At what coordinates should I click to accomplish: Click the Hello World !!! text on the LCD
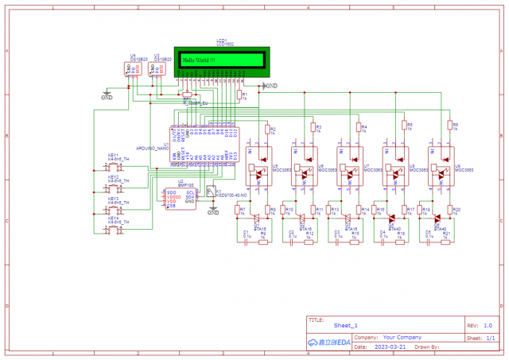pos(200,60)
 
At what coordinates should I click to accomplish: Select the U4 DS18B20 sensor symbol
pos(131,69)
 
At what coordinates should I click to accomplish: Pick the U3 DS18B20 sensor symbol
pos(159,69)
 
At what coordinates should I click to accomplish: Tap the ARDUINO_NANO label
pos(153,149)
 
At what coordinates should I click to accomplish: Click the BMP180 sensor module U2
pos(181,198)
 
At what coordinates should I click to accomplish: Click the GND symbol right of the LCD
pos(269,85)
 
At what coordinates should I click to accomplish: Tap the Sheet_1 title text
pos(346,326)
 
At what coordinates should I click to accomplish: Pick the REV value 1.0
pos(487,326)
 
